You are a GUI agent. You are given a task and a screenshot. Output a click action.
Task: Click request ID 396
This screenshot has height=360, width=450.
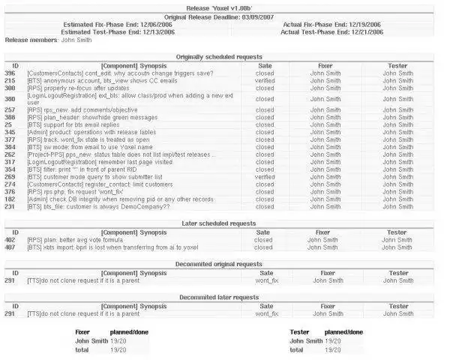pyautogui.click(x=10, y=73)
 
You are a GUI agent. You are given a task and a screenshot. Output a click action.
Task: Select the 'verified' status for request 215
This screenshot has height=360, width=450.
pyautogui.click(x=265, y=81)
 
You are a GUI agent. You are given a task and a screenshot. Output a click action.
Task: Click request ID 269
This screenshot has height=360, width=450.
pyautogui.click(x=10, y=177)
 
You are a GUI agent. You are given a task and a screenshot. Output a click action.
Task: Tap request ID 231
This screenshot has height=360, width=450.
pyautogui.click(x=10, y=206)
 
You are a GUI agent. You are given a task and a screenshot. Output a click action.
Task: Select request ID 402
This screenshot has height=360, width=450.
pyautogui.click(x=10, y=240)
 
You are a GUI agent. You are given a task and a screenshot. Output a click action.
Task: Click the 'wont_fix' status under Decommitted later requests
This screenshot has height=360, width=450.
pyautogui.click(x=266, y=313)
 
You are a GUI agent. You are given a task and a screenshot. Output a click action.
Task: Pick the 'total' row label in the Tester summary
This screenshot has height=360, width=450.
pyautogui.click(x=296, y=349)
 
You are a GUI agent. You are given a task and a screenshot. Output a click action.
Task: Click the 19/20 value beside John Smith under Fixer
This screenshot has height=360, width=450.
pyautogui.click(x=118, y=341)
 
